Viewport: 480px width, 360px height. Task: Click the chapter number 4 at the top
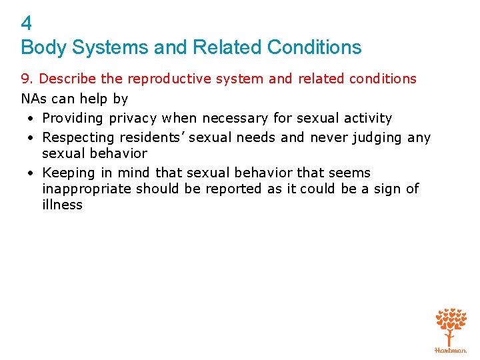pos(26,24)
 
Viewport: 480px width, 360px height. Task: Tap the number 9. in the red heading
pos(28,79)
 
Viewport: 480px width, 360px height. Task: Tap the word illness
pos(62,205)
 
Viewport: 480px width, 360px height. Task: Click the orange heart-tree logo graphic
pos(451,326)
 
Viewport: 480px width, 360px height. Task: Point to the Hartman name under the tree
pos(451,350)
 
